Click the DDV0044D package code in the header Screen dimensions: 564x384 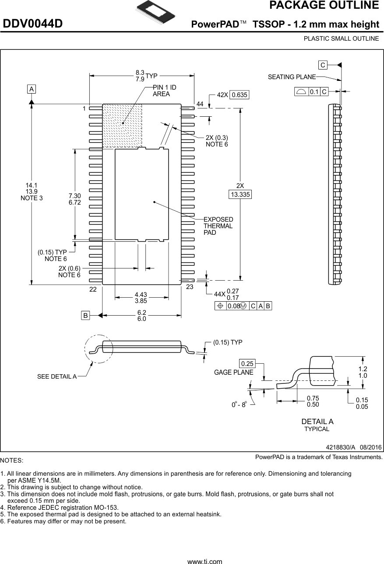pos(33,24)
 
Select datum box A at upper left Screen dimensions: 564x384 pos(32,89)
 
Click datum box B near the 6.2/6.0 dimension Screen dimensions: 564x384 pos(86,315)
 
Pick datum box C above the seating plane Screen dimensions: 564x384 pos(323,65)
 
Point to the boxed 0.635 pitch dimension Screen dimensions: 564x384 pos(239,95)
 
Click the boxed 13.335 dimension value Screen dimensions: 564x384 pos(240,195)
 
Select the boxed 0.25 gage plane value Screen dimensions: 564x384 pos(247,364)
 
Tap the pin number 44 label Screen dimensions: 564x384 pos(200,104)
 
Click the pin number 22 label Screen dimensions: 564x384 pos(93,289)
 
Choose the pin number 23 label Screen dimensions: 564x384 pos(190,287)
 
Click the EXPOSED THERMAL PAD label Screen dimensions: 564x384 pos(218,226)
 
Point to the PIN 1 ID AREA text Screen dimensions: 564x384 pos(164,91)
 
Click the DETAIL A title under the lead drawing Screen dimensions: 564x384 pos(317,421)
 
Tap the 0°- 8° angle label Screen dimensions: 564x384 pos(240,405)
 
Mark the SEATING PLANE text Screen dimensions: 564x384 pos(292,77)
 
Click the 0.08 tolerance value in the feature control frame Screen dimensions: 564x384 pos(233,306)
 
